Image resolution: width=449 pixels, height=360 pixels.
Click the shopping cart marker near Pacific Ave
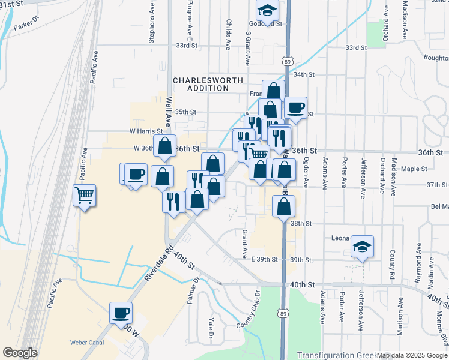tap(85, 194)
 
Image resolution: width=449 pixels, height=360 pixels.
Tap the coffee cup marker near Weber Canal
tap(121, 313)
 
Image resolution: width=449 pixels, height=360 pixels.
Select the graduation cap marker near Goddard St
tap(267, 10)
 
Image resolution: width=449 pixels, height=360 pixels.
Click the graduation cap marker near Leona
tap(362, 247)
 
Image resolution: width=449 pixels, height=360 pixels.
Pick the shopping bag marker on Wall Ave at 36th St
tap(164, 146)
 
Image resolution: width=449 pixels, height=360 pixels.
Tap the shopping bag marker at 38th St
tap(283, 206)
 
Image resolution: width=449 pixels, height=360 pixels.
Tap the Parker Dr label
tap(25, 26)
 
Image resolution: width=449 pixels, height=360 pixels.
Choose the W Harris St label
tap(146, 131)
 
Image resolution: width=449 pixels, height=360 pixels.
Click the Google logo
tap(20, 353)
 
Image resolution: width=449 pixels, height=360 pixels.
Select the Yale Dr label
tap(211, 328)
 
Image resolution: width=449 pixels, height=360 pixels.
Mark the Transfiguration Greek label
tap(334, 355)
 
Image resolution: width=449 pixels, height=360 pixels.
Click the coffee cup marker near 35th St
tap(295, 108)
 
